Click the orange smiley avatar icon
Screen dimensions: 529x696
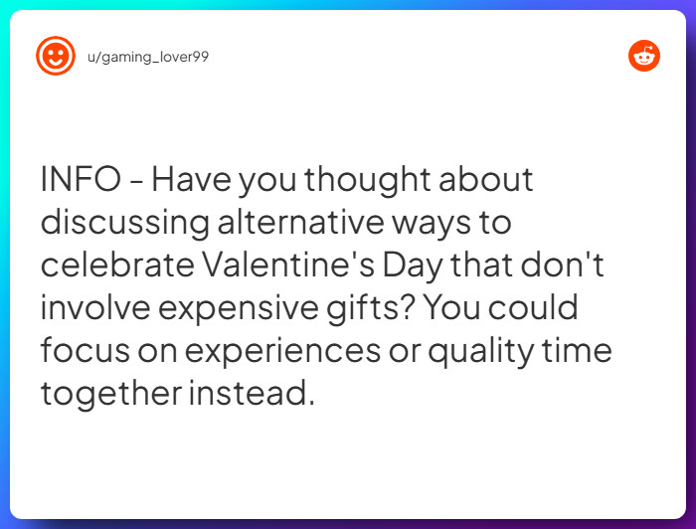tap(56, 56)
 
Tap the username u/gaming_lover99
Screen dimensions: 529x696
tap(148, 57)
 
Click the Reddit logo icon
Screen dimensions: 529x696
tap(644, 56)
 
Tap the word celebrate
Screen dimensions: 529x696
tap(117, 265)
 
